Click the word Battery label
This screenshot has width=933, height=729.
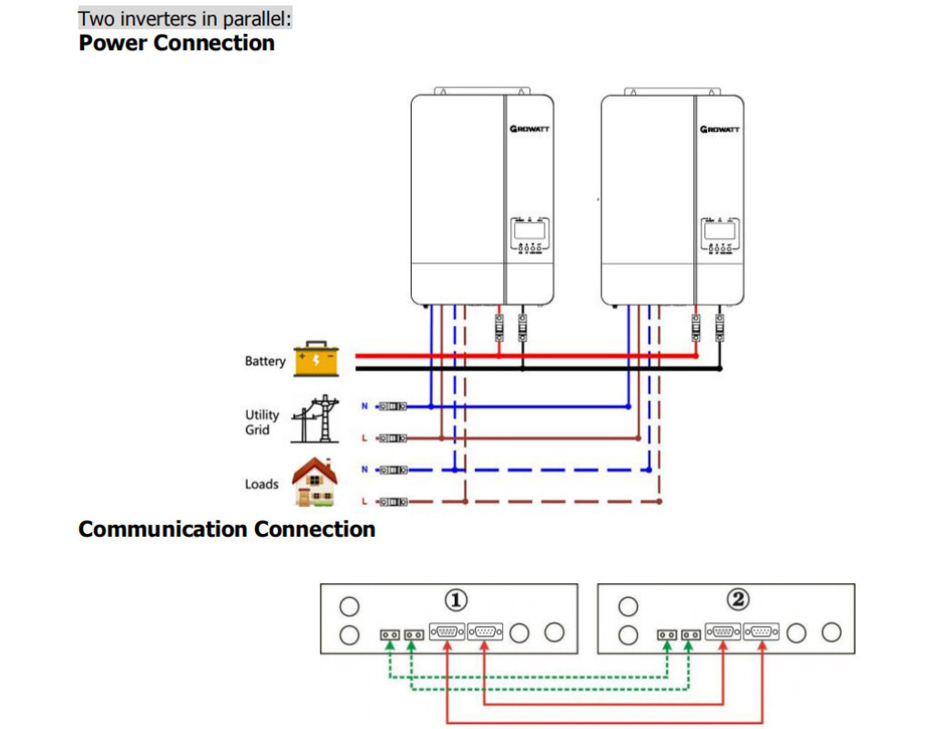(264, 362)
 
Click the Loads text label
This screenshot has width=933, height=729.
(261, 484)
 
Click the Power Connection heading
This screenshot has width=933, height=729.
(177, 43)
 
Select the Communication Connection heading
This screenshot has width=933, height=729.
(227, 529)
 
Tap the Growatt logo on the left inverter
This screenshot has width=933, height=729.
(529, 129)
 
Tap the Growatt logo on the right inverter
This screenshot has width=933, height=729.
(720, 129)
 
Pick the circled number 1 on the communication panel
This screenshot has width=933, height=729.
(456, 600)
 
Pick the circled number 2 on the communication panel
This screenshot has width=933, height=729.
(737, 600)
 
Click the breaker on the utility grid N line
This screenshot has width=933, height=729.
(393, 406)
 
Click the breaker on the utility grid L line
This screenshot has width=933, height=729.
(393, 437)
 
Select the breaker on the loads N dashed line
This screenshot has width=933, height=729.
(393, 469)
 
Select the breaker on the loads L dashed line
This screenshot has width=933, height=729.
(393, 501)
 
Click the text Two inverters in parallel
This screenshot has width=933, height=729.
(185, 18)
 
